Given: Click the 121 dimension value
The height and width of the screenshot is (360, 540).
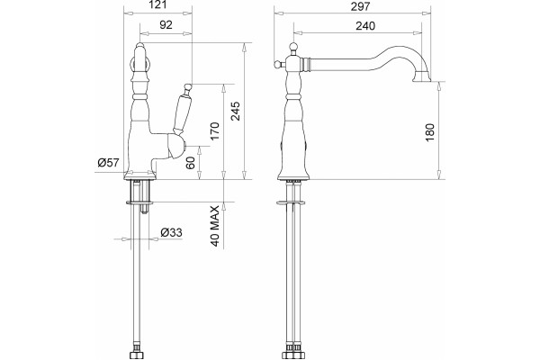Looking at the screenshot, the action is point(158,4).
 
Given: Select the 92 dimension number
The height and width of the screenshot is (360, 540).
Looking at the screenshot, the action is point(166,25).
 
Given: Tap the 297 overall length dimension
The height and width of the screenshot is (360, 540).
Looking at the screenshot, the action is point(360,6).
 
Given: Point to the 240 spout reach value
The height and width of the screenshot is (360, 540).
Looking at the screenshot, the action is point(365,26).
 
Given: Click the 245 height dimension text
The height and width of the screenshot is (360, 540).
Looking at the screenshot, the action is point(236,111).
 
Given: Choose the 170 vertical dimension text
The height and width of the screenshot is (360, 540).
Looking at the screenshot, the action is point(214,130).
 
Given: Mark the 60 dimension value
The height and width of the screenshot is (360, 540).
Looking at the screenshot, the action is point(190,163).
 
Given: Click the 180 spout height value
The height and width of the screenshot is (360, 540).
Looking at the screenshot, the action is point(430,132).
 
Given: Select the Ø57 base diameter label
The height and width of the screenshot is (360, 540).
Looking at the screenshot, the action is point(108,162).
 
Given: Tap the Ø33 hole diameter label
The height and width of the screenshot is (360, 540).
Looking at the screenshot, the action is point(171,232).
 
